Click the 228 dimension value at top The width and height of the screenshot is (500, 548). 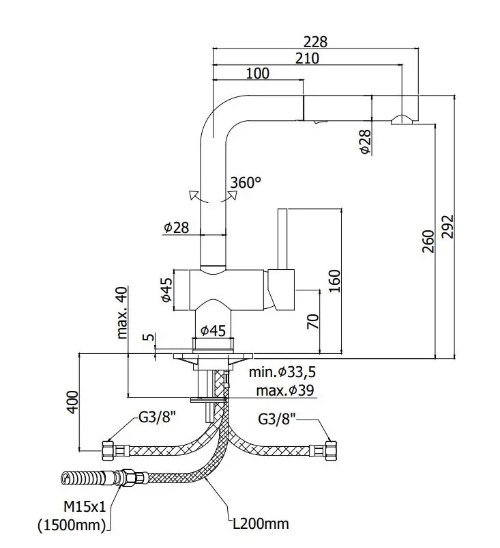pyautogui.click(x=316, y=41)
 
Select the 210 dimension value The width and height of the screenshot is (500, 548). pyautogui.click(x=307, y=58)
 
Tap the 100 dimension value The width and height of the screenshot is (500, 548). pyautogui.click(x=257, y=73)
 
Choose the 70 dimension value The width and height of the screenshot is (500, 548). pyautogui.click(x=313, y=322)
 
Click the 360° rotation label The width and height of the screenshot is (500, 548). pyautogui.click(x=246, y=182)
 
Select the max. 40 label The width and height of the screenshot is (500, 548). pyautogui.click(x=123, y=312)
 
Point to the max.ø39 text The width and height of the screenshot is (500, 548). pyautogui.click(x=285, y=391)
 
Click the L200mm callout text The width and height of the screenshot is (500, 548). pyautogui.click(x=259, y=524)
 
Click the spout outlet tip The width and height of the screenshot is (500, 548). pyautogui.click(x=402, y=121)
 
